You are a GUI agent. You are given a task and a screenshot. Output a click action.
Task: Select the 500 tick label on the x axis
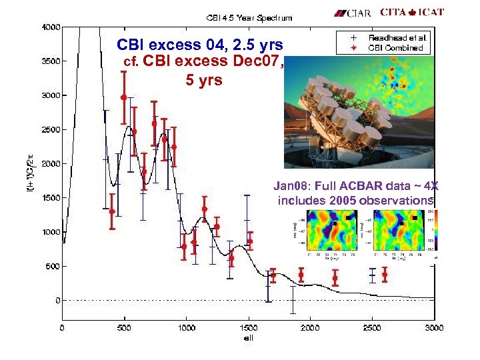point(125,327)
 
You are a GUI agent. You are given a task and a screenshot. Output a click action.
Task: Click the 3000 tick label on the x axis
point(434,327)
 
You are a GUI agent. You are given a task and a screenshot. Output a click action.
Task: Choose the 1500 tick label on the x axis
point(248,327)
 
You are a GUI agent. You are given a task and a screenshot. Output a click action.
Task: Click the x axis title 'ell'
point(248,337)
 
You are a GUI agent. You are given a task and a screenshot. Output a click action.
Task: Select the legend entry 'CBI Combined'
point(397,47)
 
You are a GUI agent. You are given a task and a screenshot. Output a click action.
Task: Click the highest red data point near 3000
point(124,97)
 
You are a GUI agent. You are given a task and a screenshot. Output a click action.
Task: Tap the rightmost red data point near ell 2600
point(385,274)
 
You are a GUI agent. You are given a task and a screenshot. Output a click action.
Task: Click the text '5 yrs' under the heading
point(199,81)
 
